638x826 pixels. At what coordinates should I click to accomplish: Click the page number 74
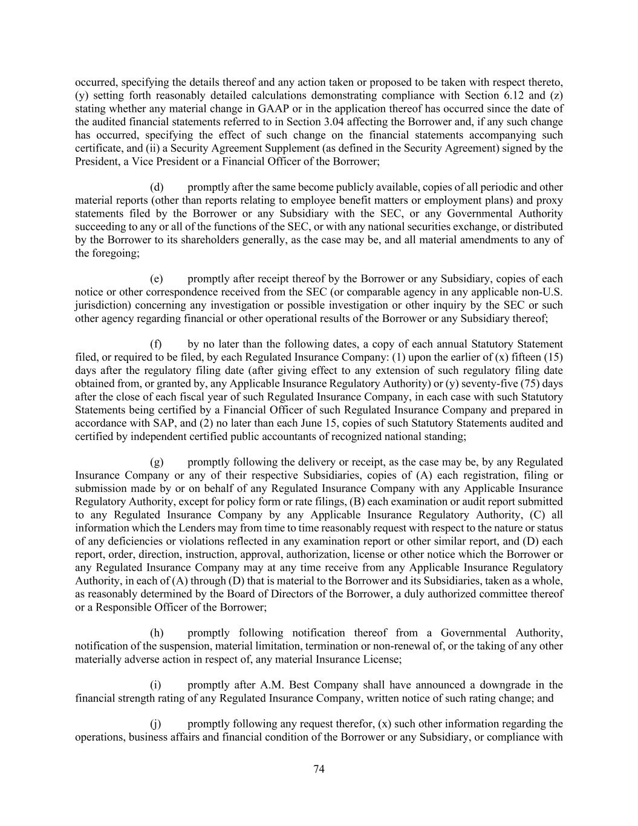pyautogui.click(x=319, y=769)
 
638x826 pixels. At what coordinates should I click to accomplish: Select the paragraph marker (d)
pyautogui.click(x=156, y=187)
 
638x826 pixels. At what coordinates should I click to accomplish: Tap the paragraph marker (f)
pyautogui.click(x=156, y=344)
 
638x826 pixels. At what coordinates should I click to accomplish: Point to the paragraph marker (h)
pyautogui.click(x=157, y=633)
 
